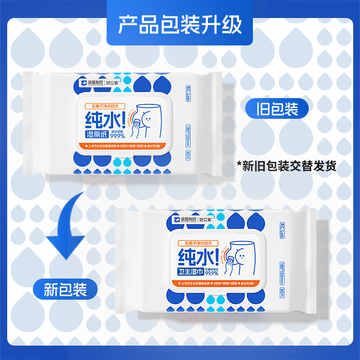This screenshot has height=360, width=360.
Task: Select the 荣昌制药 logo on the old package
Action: pos(90,83)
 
